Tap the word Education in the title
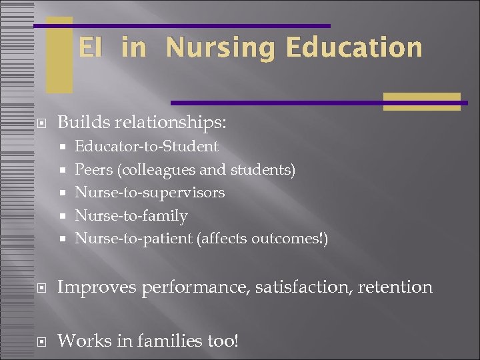(x=353, y=48)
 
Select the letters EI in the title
(x=92, y=48)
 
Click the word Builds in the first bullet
(x=83, y=123)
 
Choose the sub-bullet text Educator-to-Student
(x=147, y=146)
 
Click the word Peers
(x=93, y=169)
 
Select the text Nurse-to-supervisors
(x=150, y=193)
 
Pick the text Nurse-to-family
(x=131, y=215)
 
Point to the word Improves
(x=93, y=287)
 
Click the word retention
(x=399, y=287)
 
